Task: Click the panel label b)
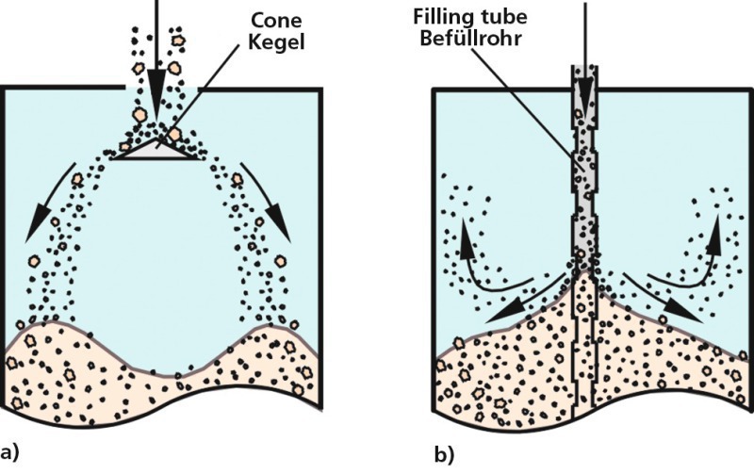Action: (x=444, y=454)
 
